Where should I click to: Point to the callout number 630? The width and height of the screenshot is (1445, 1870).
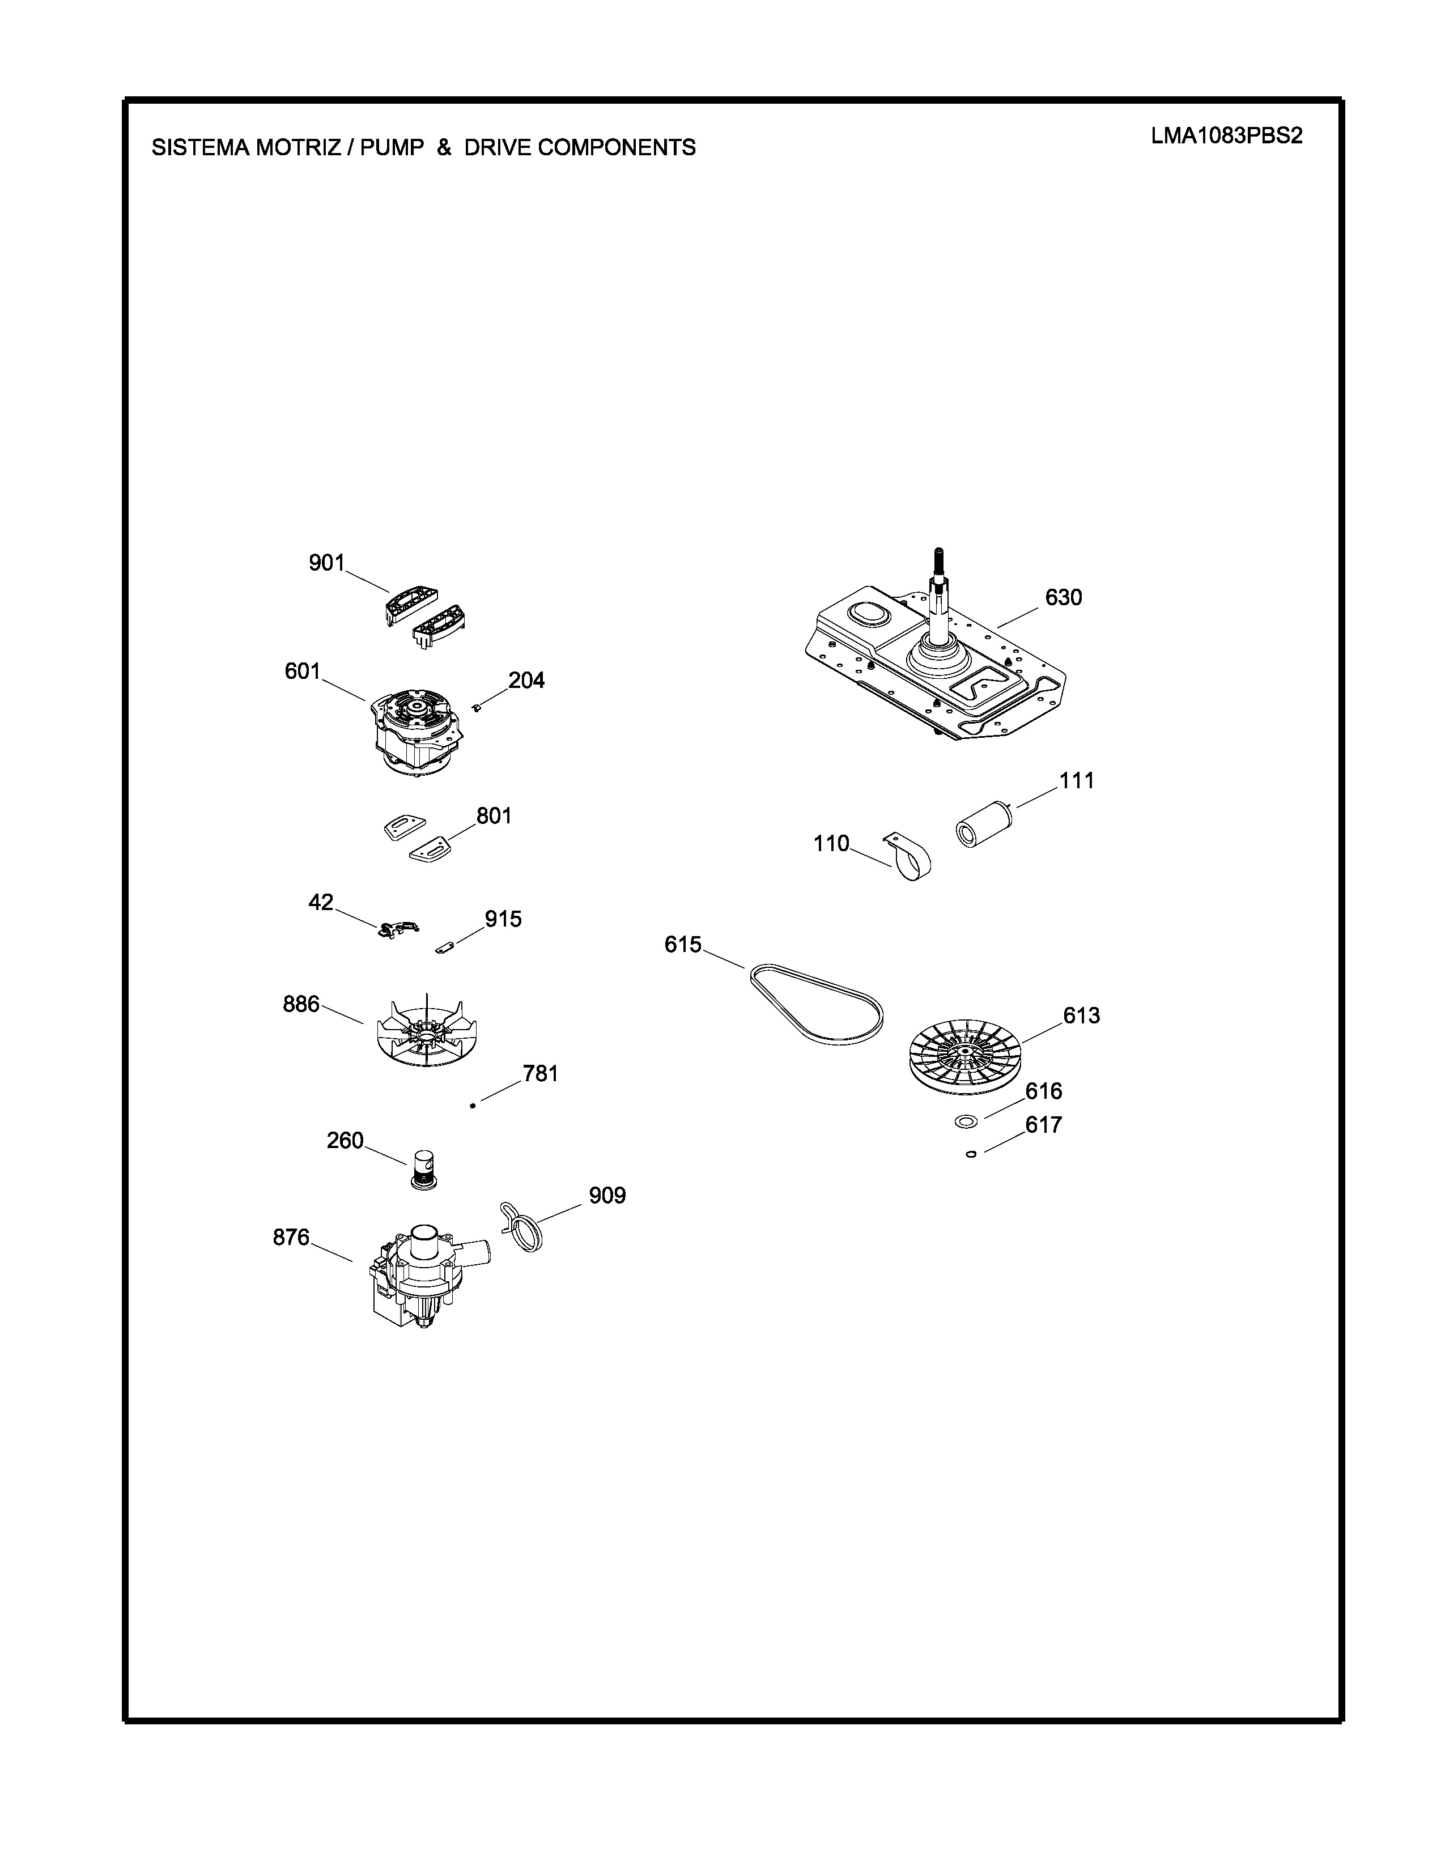click(x=1063, y=598)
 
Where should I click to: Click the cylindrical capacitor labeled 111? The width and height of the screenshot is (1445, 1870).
click(x=984, y=823)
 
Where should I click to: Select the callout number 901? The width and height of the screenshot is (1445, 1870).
click(x=326, y=563)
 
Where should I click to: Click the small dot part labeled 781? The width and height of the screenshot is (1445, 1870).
click(x=473, y=1106)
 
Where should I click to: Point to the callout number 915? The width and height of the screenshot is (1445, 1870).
click(x=503, y=920)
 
